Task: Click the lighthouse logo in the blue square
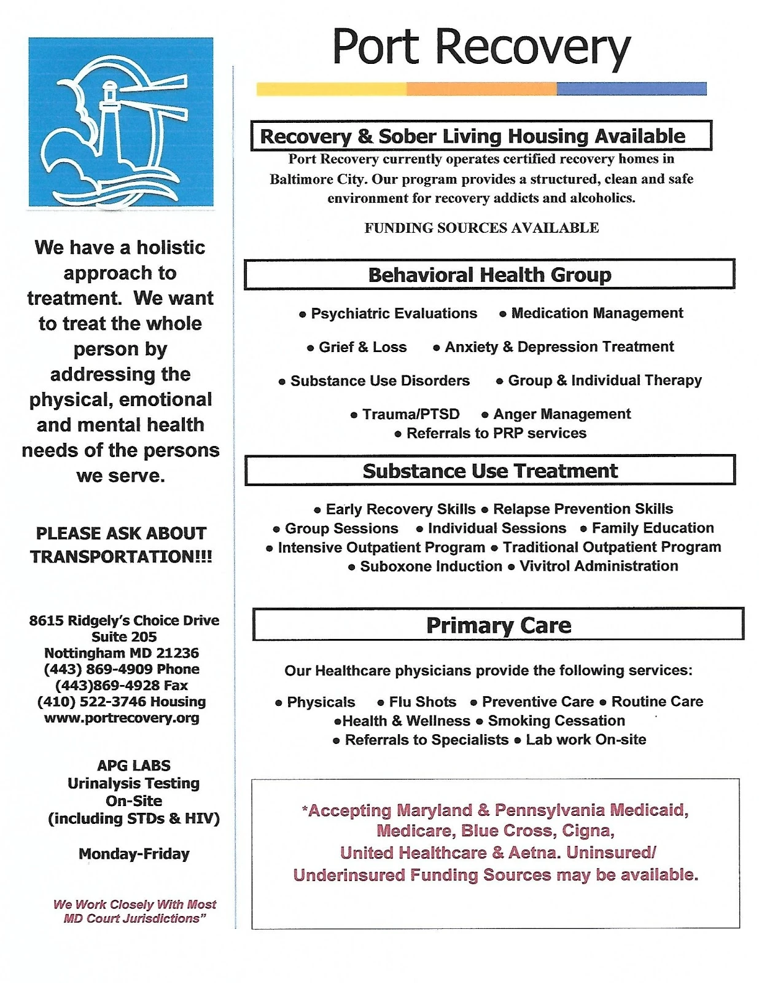click(121, 122)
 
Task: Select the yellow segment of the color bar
click(331, 89)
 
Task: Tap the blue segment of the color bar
click(631, 89)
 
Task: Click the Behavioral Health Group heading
click(489, 275)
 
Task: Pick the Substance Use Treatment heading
click(489, 471)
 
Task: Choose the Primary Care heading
click(498, 625)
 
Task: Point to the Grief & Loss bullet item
click(362, 347)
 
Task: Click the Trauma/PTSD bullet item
click(410, 414)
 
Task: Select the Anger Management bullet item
click(561, 414)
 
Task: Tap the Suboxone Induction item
click(430, 566)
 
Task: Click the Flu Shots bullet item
click(422, 702)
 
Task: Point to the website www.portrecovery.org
click(122, 718)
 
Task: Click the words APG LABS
click(134, 766)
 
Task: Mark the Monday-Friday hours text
click(134, 854)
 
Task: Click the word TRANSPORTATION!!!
click(121, 557)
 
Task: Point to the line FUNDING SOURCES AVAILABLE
click(481, 228)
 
